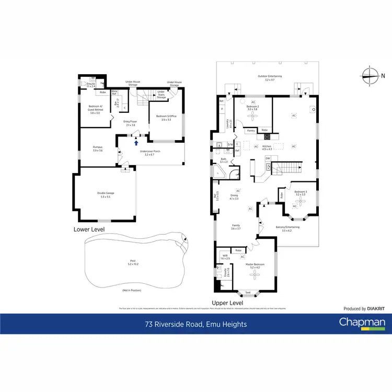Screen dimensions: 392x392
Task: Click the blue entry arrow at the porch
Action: tap(136, 142)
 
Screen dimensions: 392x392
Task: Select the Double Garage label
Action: tap(106, 194)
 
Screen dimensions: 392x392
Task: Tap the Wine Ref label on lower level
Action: tap(114, 93)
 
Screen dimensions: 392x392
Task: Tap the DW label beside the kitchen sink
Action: tap(267, 158)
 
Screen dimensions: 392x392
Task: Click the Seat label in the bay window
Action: tap(248, 292)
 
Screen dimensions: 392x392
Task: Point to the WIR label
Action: tap(225, 256)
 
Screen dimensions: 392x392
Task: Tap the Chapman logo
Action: tap(362, 322)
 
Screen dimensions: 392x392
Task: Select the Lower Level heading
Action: tap(89, 229)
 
